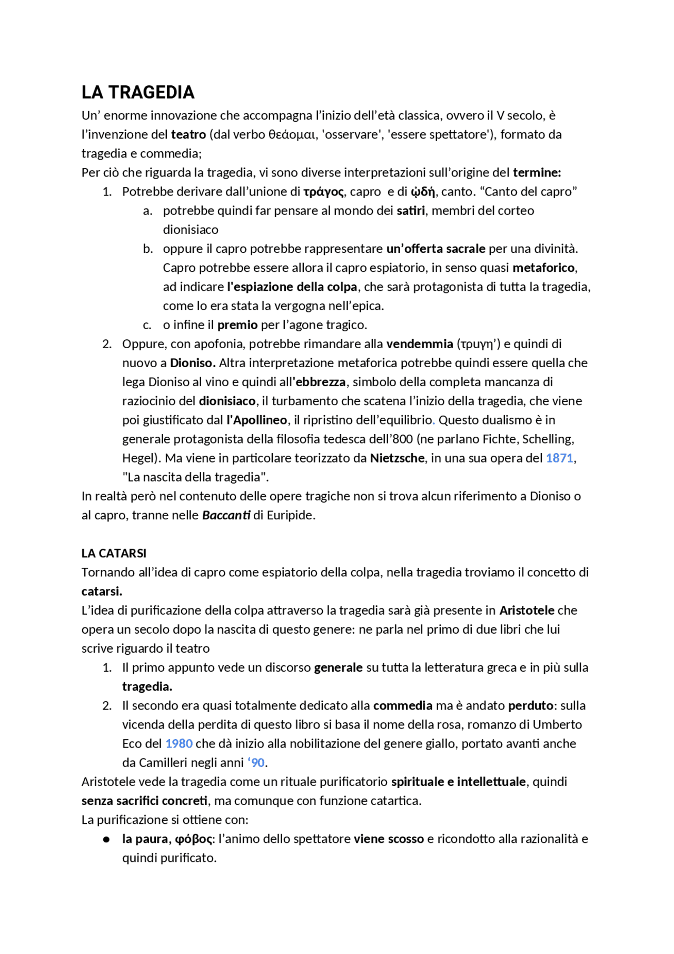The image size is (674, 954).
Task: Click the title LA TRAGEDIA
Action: [138, 93]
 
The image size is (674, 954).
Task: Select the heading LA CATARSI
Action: [114, 553]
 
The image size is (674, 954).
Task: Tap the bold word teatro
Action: [188, 134]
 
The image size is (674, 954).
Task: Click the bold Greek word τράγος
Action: [323, 192]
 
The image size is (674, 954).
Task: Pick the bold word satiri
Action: [410, 211]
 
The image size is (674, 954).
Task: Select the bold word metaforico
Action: [543, 268]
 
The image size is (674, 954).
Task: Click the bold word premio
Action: [237, 324]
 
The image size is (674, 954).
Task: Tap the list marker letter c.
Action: [147, 325]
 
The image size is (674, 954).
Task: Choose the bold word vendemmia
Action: [420, 344]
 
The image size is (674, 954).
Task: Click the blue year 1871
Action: [559, 458]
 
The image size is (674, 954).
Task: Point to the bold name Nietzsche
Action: [397, 458]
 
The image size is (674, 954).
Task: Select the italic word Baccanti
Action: [226, 515]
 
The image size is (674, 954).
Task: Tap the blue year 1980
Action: [179, 743]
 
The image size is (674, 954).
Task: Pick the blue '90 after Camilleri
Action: [256, 762]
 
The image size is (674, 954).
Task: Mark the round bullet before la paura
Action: [106, 839]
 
